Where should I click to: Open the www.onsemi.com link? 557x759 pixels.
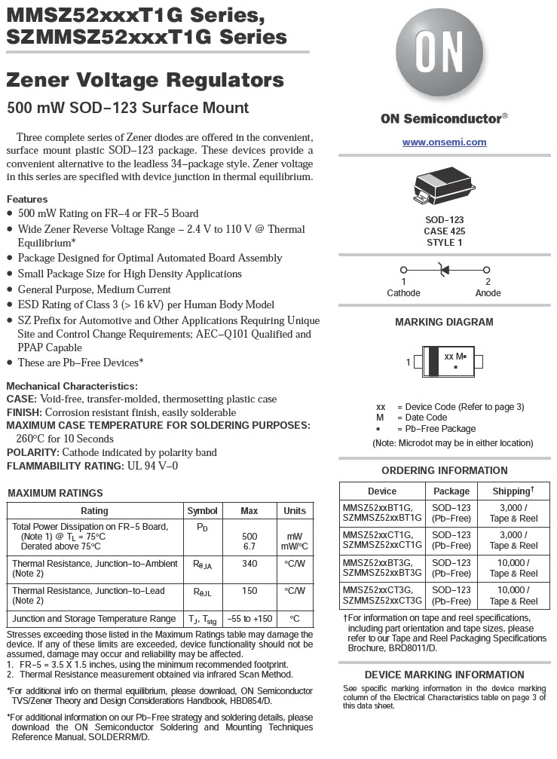point(444,142)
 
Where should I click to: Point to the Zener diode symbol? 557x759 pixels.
point(445,269)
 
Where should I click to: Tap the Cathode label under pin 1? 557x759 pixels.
point(403,293)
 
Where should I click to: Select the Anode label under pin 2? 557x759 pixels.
point(488,293)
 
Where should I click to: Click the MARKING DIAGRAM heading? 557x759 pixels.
point(444,322)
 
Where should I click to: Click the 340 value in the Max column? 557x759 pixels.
point(249,564)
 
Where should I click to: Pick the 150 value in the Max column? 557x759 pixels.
point(249,591)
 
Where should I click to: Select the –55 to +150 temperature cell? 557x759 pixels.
point(249,619)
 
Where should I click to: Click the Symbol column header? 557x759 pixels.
point(202,511)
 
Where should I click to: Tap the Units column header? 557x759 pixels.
point(295,511)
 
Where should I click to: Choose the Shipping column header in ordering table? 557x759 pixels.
point(513,491)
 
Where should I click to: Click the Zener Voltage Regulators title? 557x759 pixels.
point(145,81)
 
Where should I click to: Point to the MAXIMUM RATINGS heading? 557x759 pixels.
point(55,493)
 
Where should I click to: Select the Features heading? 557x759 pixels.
point(27,199)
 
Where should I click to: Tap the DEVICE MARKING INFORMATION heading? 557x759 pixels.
point(444,675)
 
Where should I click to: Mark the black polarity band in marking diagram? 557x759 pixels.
point(433,361)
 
